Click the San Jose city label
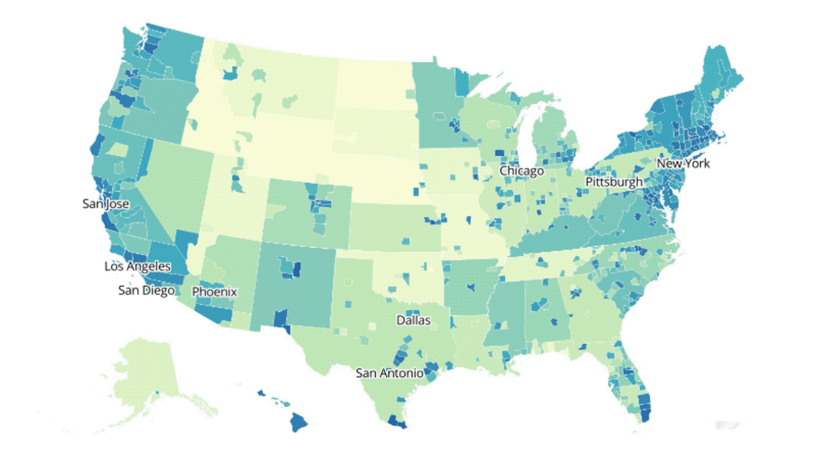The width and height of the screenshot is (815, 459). click(106, 204)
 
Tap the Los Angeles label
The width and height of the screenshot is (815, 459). click(137, 266)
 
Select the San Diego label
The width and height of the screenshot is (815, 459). click(146, 291)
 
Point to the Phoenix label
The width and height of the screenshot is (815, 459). click(215, 292)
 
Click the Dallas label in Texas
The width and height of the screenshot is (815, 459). click(413, 320)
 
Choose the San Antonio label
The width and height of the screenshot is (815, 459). click(388, 373)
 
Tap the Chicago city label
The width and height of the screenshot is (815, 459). click(521, 171)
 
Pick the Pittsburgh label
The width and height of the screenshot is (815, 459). click(614, 182)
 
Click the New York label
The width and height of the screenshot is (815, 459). click(683, 163)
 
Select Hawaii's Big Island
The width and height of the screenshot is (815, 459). click(300, 421)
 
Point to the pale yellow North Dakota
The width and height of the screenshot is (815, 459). click(372, 83)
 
